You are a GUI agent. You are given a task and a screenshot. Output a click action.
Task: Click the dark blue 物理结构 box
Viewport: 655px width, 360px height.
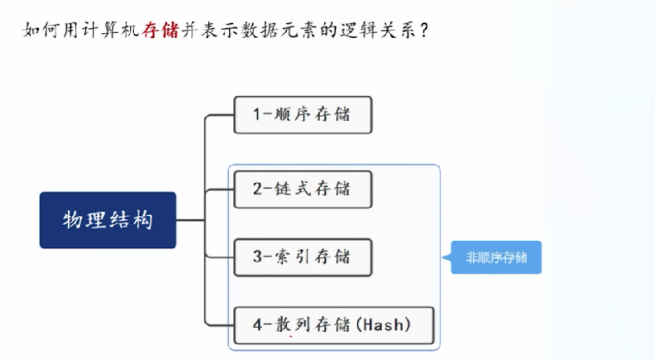[108, 220]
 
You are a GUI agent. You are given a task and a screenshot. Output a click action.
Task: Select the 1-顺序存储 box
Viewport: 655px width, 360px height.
[303, 115]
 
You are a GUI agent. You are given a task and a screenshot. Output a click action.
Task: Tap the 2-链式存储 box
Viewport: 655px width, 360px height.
[303, 189]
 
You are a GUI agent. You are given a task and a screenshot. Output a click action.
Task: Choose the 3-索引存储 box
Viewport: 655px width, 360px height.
[303, 257]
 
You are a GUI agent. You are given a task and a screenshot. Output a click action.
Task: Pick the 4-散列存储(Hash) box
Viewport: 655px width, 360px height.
[334, 326]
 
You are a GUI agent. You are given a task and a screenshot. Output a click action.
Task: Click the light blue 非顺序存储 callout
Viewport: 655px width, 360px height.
[496, 257]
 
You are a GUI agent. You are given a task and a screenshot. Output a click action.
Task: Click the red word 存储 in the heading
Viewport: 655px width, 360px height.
[160, 30]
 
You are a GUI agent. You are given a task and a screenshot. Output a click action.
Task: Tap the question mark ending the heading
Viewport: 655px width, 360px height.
[424, 31]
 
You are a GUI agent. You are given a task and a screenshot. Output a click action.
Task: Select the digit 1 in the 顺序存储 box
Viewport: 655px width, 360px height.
[256, 114]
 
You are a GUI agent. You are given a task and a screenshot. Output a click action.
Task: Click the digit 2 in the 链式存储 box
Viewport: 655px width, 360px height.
[257, 189]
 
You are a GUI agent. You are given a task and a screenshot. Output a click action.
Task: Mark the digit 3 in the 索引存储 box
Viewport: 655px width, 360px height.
[257, 256]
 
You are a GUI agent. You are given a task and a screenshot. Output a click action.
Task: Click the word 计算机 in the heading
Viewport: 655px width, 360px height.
[110, 30]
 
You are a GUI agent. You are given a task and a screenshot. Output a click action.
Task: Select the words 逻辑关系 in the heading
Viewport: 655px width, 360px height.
[378, 30]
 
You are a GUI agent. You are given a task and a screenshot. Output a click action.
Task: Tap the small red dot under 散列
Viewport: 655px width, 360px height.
[291, 336]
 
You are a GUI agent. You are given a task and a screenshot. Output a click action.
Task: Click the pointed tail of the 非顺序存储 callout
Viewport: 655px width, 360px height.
[443, 257]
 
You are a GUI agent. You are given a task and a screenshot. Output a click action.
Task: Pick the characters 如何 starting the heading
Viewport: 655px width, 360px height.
[40, 30]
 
